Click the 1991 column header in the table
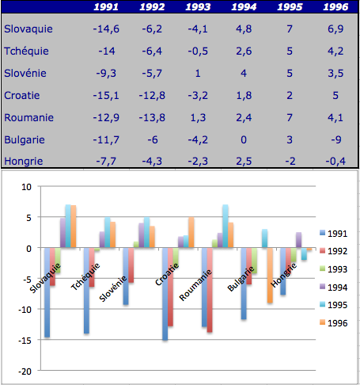pos(106,7)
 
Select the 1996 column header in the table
pos(335,7)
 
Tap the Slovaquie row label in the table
pos(28,29)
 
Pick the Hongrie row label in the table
pos(24,161)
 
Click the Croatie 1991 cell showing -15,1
pos(106,95)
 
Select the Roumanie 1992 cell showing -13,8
pos(152,117)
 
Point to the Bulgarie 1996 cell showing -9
pos(336,139)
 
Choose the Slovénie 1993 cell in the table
pos(198,73)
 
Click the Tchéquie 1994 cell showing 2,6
pos(244,51)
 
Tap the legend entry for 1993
pos(334,269)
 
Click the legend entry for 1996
pos(334,323)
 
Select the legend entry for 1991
pos(334,234)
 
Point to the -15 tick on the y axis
pos(25,341)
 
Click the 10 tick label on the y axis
pos(26,187)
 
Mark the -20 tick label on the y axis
pos(25,372)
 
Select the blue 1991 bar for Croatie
pos(165,294)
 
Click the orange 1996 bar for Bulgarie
pos(270,275)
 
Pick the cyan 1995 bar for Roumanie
pos(225,226)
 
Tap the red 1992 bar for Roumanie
pos(210,290)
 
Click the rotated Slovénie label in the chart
pos(113,288)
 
